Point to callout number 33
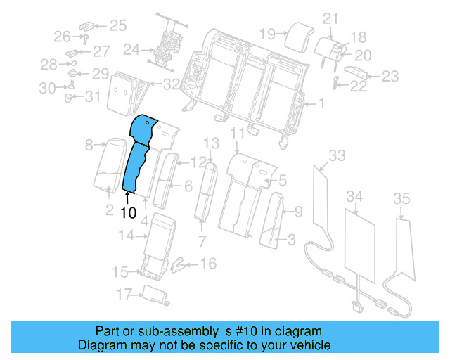pos(337,155)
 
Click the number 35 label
pos(401,199)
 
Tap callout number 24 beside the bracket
pos(131,50)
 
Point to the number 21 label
pos(330,18)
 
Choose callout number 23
pos(390,76)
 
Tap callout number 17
pos(124,293)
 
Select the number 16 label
pos(208,264)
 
